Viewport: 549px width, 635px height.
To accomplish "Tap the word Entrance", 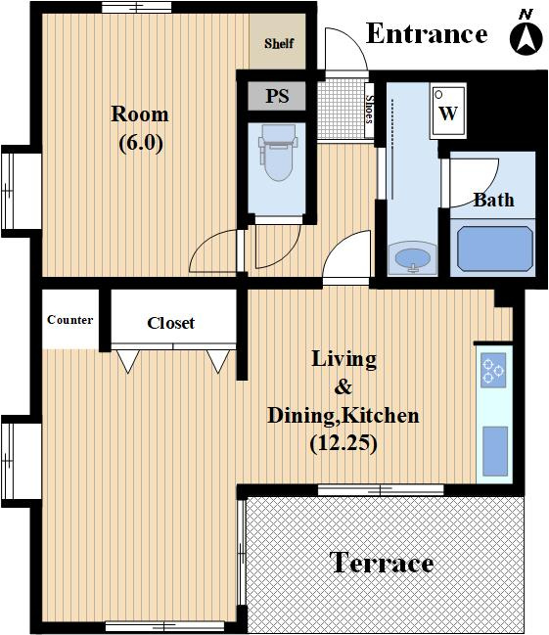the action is click(427, 33).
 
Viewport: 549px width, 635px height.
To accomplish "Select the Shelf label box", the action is click(278, 42).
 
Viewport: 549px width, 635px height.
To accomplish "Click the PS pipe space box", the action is click(277, 96).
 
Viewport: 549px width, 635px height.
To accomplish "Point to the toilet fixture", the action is click(278, 152).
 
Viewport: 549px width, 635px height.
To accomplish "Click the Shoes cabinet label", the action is click(369, 111).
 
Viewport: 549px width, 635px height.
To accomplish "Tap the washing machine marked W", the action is click(448, 111).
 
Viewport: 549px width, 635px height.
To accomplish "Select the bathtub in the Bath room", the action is click(494, 249).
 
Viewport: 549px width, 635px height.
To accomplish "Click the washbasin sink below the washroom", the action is click(412, 259).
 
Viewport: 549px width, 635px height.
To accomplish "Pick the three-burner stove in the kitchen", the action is click(493, 370).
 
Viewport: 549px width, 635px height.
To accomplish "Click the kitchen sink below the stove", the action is click(495, 451).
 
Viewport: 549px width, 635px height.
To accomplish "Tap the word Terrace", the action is click(382, 562).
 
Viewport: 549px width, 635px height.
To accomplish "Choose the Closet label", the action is click(170, 323).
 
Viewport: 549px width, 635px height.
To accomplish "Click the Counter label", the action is click(70, 320).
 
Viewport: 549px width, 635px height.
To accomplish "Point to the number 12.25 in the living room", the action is click(343, 443).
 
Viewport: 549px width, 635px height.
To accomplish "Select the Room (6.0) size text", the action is click(140, 128).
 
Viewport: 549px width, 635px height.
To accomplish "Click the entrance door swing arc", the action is click(353, 40).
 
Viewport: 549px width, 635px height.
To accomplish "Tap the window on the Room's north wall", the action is click(137, 7).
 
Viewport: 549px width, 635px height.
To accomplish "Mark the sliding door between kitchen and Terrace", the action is click(381, 490).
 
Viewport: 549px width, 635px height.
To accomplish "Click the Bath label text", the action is click(494, 200).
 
